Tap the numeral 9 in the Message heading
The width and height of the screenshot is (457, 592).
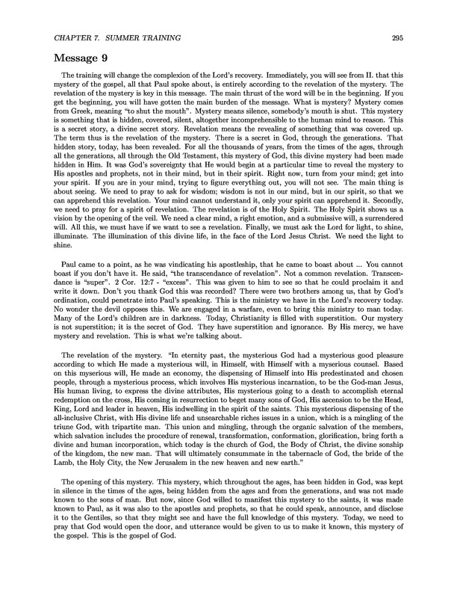[x=98, y=58]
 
